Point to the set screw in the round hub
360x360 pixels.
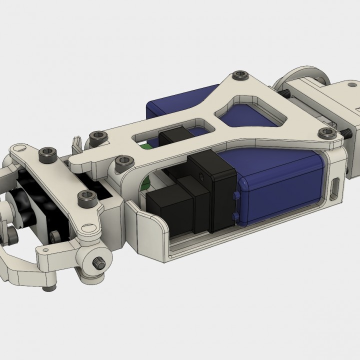pyautogui.click(x=99, y=261)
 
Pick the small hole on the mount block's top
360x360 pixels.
pyautogui.click(x=357, y=107)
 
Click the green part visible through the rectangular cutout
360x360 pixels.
pyautogui.click(x=145, y=147)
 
